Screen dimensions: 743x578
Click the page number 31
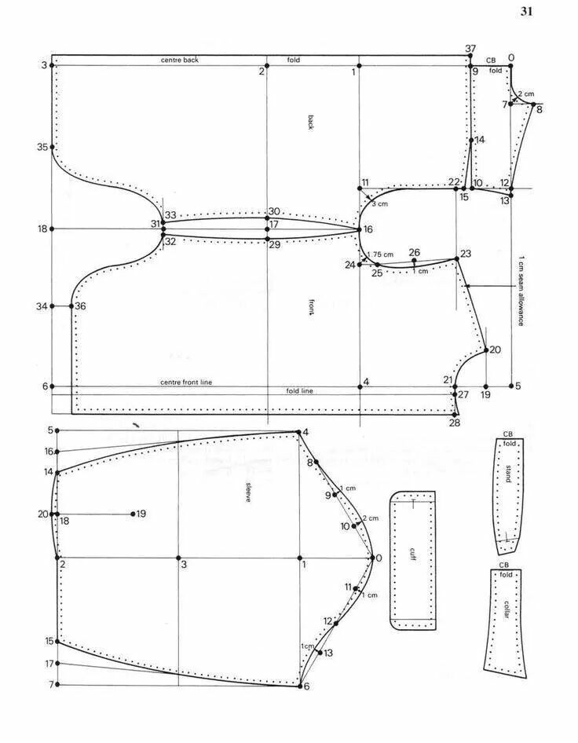526,11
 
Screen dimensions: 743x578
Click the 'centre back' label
180,60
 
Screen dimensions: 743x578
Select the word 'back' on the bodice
311,122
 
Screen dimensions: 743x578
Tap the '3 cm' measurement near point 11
379,204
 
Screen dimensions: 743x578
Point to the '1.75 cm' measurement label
381,254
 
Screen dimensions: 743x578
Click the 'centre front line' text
186,382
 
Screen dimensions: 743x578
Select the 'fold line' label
299,390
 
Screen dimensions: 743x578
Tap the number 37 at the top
470,49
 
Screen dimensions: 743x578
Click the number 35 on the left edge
42,147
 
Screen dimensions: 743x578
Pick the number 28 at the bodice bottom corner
454,423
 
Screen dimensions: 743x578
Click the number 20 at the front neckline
495,350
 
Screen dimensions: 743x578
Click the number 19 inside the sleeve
141,514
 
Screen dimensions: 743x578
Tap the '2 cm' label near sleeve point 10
370,518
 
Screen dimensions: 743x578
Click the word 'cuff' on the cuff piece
412,552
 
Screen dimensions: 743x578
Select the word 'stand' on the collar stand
508,474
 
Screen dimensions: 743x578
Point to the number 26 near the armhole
415,252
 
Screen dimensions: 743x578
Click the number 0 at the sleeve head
379,558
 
